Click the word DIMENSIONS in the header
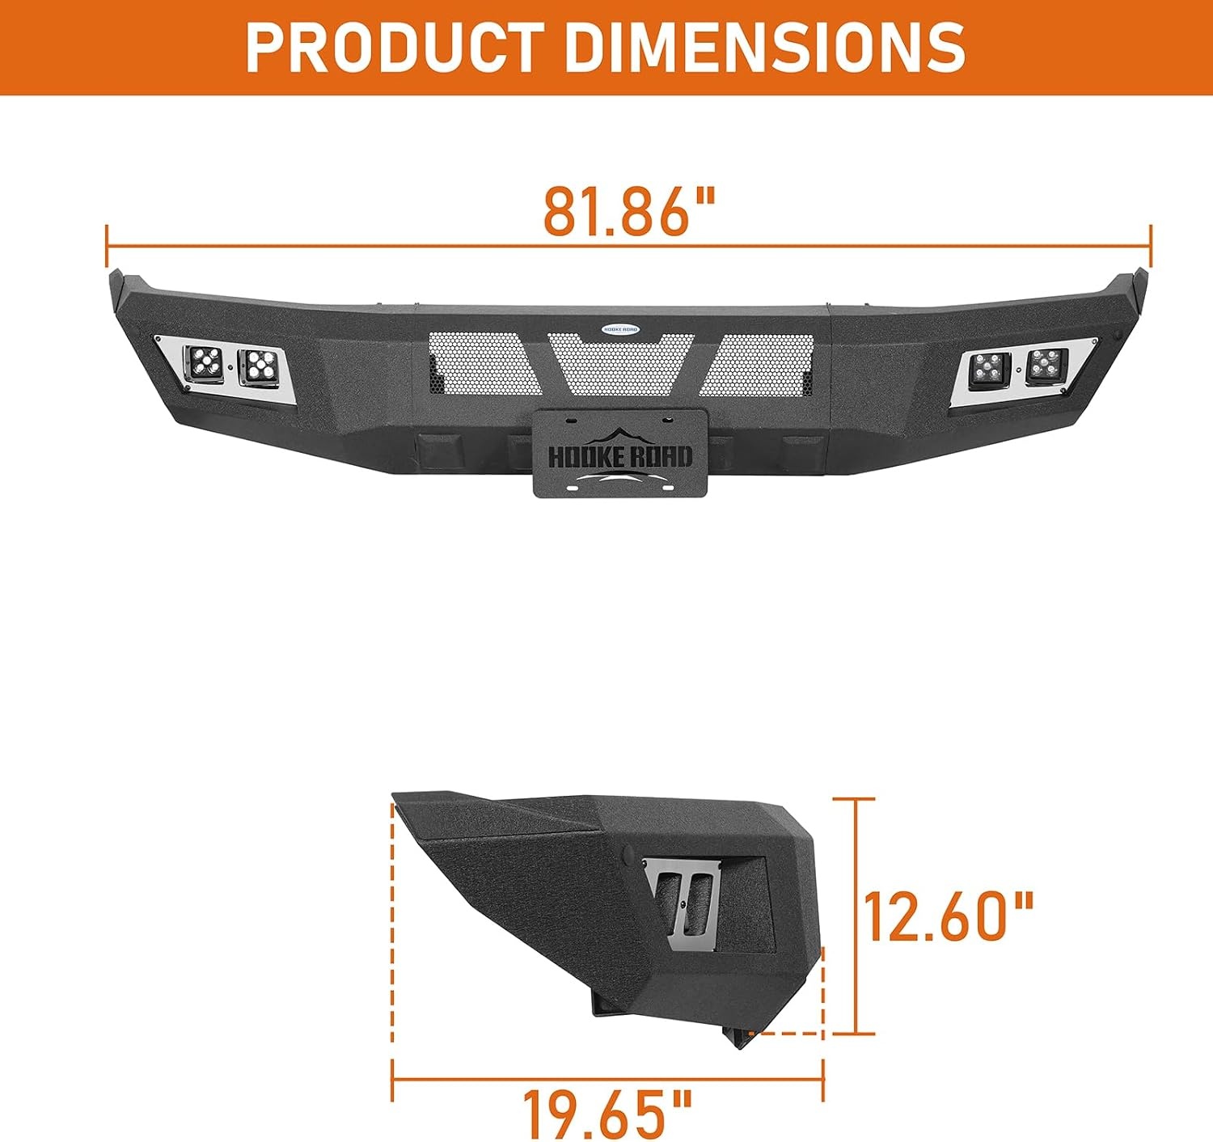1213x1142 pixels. point(765,47)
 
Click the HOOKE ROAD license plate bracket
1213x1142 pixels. point(620,453)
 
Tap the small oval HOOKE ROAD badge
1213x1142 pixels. point(620,328)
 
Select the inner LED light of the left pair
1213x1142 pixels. point(257,367)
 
